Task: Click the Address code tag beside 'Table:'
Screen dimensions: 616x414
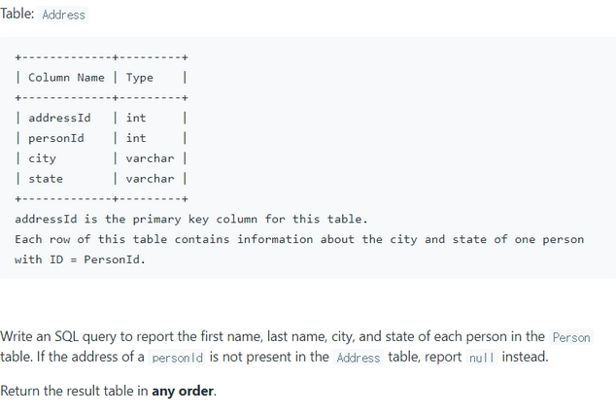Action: pyautogui.click(x=63, y=15)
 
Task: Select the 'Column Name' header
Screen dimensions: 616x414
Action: pyautogui.click(x=66, y=78)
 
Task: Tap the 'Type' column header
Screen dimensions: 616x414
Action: pyautogui.click(x=139, y=78)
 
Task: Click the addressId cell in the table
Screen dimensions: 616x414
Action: pyautogui.click(x=59, y=118)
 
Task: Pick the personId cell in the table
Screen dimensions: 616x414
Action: pyautogui.click(x=55, y=138)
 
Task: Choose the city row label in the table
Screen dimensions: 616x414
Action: pyautogui.click(x=42, y=158)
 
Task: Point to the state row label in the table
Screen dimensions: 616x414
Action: pyautogui.click(x=46, y=179)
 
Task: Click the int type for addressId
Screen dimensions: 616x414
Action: pyautogui.click(x=136, y=118)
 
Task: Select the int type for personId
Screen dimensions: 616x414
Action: pyautogui.click(x=136, y=138)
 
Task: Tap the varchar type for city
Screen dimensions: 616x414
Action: pyautogui.click(x=150, y=158)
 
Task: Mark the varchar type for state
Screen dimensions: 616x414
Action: pyautogui.click(x=150, y=179)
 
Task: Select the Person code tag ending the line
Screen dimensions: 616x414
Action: pyautogui.click(x=571, y=337)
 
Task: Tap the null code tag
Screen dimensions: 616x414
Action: pyautogui.click(x=482, y=358)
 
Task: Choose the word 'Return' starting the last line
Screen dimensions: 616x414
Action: pyautogui.click(x=21, y=392)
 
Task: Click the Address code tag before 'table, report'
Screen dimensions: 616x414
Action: pyautogui.click(x=359, y=358)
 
